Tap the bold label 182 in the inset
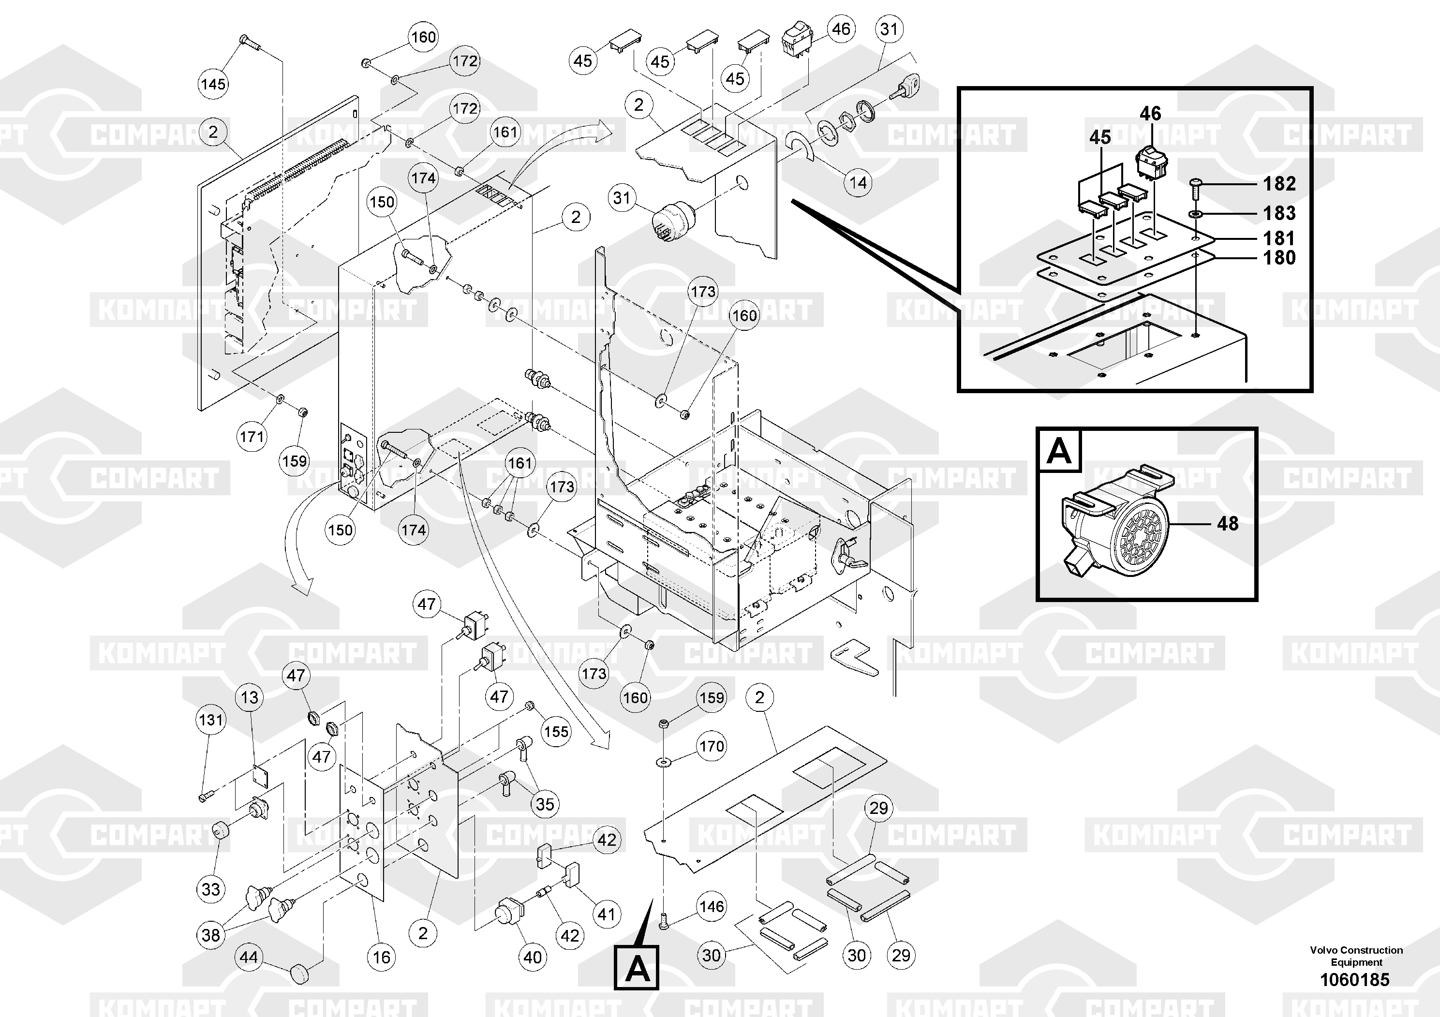coord(1279,183)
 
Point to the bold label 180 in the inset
coord(1279,257)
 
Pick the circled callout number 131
coord(211,719)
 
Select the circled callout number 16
coord(381,957)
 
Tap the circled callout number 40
coord(532,957)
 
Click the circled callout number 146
coord(711,906)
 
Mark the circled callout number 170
coord(711,746)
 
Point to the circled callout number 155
coord(556,731)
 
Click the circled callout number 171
coord(252,436)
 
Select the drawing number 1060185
coord(1355,979)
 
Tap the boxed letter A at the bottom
coord(636,969)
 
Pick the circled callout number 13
coord(250,697)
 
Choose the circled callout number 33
coord(211,889)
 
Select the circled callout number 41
coord(606,914)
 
